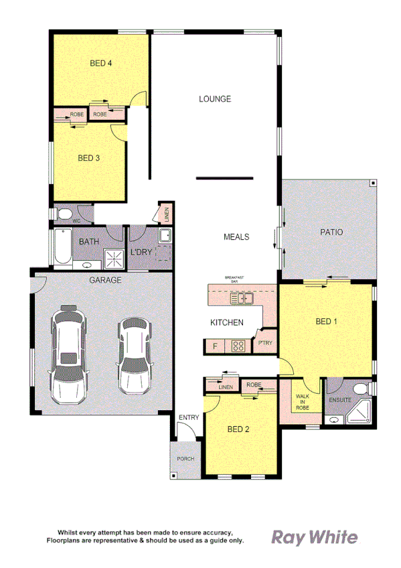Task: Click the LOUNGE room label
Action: pyautogui.click(x=215, y=99)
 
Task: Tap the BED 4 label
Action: pyautogui.click(x=100, y=64)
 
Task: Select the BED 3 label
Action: pyautogui.click(x=88, y=158)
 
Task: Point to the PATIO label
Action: pyautogui.click(x=331, y=232)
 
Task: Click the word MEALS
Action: pyautogui.click(x=236, y=237)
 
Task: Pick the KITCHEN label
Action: pyautogui.click(x=227, y=323)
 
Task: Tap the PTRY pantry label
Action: pyautogui.click(x=264, y=343)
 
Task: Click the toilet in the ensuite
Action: pyautogui.click(x=359, y=389)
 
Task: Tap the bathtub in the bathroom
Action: pyautogui.click(x=62, y=247)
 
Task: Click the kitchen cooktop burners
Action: pyautogui.click(x=238, y=346)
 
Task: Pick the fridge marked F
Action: pyautogui.click(x=215, y=346)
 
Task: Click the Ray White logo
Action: pyautogui.click(x=314, y=537)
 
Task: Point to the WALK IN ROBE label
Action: pyautogui.click(x=303, y=401)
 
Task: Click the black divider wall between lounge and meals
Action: pyautogui.click(x=224, y=178)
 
